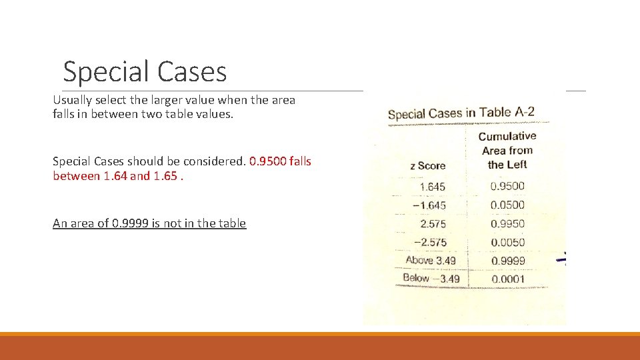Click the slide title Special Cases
(145, 71)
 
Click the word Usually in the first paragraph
(73, 100)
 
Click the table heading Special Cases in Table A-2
(461, 113)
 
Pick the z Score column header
(427, 165)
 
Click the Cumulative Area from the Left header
(507, 150)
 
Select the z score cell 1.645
(433, 187)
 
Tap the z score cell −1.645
(429, 205)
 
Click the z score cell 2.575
(433, 224)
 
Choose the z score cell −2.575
(430, 242)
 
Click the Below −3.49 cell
(431, 278)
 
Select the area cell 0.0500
(507, 205)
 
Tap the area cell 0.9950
(507, 223)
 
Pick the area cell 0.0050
(507, 242)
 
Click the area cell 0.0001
(507, 279)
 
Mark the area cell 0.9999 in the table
(507, 261)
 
